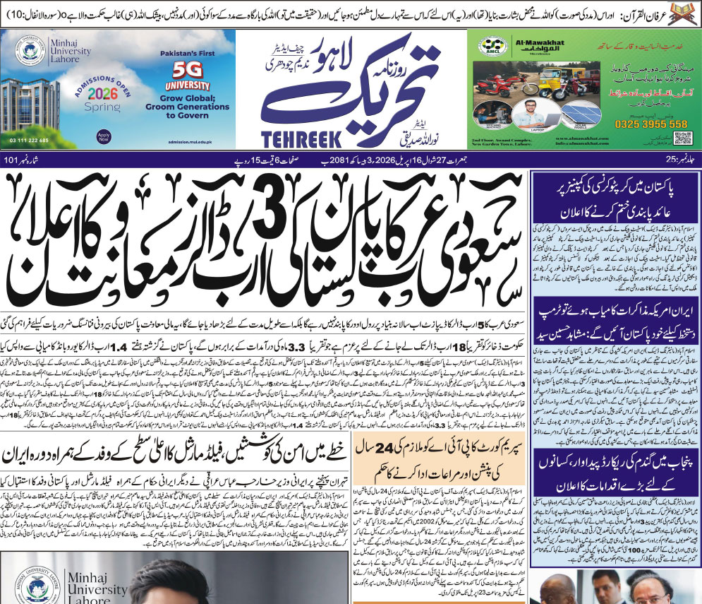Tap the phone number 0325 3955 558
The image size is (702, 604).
coord(647,124)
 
